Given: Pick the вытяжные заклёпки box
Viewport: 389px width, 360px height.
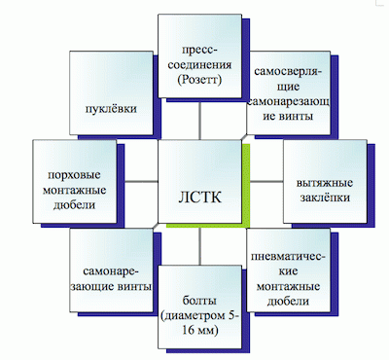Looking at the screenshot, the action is tap(325, 185).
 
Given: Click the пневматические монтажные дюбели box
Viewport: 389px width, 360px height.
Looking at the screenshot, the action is tap(288, 270).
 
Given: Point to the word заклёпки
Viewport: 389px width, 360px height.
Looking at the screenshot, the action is tap(325, 196).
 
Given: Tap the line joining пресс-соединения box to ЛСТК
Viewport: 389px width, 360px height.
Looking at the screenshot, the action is tap(200, 119).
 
